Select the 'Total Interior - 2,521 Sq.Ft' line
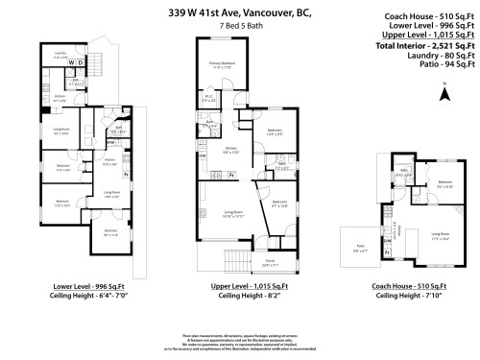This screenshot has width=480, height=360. pyautogui.click(x=423, y=45)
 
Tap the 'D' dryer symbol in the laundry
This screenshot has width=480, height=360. pyautogui.click(x=82, y=64)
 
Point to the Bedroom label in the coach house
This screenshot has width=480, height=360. pyautogui.click(x=444, y=182)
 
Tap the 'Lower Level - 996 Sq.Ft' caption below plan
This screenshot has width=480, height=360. pyautogui.click(x=80, y=286)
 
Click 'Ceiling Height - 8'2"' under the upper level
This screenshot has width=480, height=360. pyautogui.click(x=241, y=295)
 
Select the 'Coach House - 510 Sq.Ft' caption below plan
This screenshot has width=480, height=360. pyautogui.click(x=411, y=286)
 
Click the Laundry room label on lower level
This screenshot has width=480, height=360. pyautogui.click(x=60, y=55)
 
